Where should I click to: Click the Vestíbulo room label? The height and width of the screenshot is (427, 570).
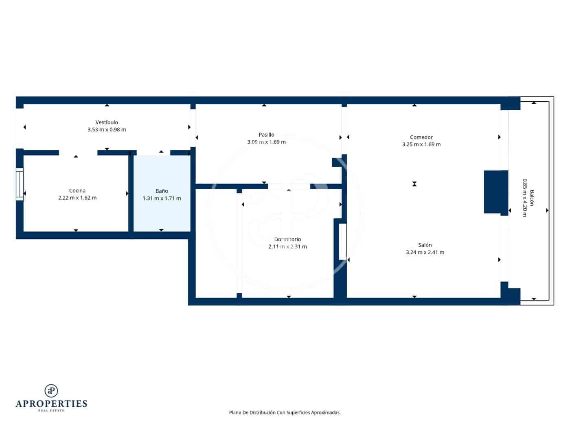[107, 122]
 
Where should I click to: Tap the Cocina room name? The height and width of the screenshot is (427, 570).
[77, 191]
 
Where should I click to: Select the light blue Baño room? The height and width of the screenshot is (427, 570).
[162, 211]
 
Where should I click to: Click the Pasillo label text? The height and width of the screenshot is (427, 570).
[266, 135]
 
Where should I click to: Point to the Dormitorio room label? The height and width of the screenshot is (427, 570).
[287, 240]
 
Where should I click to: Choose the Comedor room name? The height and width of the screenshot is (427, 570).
[421, 137]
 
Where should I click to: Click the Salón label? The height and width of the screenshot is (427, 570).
[425, 245]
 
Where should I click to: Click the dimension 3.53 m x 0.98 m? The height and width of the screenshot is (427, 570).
[107, 130]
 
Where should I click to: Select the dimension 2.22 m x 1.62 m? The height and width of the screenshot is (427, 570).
[77, 198]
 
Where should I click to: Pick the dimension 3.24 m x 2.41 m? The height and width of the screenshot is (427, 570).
[425, 253]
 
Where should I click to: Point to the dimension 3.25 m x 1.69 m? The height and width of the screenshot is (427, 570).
[421, 144]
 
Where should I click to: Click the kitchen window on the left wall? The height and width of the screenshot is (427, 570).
[20, 184]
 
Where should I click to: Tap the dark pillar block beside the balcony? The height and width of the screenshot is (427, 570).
[495, 192]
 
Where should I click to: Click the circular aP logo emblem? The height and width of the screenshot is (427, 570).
[51, 391]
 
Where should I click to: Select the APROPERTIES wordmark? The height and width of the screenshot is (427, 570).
[51, 404]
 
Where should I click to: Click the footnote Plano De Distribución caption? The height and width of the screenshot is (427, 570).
[285, 412]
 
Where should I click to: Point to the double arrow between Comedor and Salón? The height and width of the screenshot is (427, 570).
[414, 184]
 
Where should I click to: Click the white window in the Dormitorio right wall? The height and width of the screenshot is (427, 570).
[342, 241]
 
